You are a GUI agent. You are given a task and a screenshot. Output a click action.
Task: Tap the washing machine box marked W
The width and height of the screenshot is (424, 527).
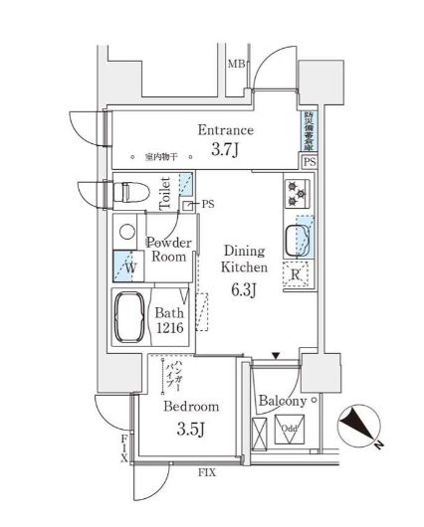click(x=127, y=266)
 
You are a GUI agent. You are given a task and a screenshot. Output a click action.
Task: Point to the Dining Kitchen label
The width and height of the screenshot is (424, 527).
click(x=243, y=260)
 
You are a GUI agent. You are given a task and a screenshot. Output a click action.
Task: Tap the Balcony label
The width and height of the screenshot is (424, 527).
click(x=282, y=401)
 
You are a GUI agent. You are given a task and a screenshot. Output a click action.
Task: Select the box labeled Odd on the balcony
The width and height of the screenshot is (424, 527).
click(x=289, y=430)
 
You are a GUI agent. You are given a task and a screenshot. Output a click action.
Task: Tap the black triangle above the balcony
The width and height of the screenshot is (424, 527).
click(x=276, y=355)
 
